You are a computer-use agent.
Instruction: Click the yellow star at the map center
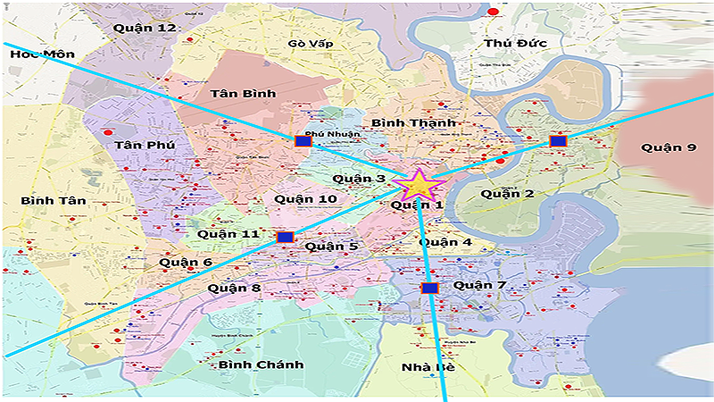tap(422, 186)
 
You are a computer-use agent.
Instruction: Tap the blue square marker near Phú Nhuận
tap(303, 141)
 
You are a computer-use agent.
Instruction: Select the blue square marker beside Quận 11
tap(285, 237)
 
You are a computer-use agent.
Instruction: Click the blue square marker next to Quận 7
tap(430, 288)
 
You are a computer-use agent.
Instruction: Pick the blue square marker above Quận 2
tap(558, 141)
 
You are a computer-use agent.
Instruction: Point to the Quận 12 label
tap(145, 28)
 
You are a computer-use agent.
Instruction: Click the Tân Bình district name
tap(218, 93)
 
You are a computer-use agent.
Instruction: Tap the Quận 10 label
tap(305, 197)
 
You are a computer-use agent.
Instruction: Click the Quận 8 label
tap(234, 288)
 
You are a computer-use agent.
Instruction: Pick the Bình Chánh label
tap(261, 364)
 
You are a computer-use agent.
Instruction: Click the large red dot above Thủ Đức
tap(493, 12)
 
